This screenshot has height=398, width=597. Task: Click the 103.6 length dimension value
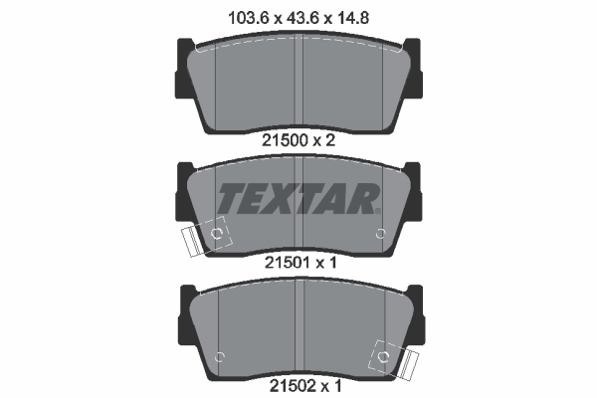click(x=249, y=18)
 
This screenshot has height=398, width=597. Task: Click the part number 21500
click(x=285, y=140)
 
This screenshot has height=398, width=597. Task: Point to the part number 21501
click(x=288, y=263)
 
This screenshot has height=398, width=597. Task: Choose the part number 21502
click(x=293, y=386)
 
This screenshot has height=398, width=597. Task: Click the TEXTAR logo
click(x=298, y=198)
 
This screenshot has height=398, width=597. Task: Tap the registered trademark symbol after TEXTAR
click(x=377, y=211)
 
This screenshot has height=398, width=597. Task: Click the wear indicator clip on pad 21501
click(x=207, y=237)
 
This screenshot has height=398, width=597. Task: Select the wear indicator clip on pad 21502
click(x=394, y=359)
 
